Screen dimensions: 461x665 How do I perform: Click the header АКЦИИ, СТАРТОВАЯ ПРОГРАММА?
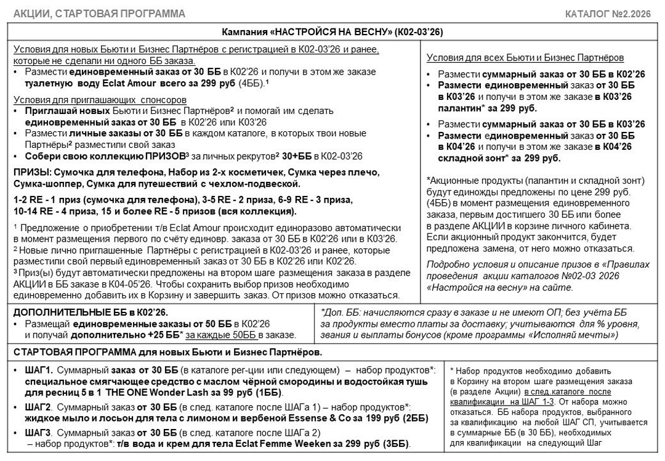coord(99,14)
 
